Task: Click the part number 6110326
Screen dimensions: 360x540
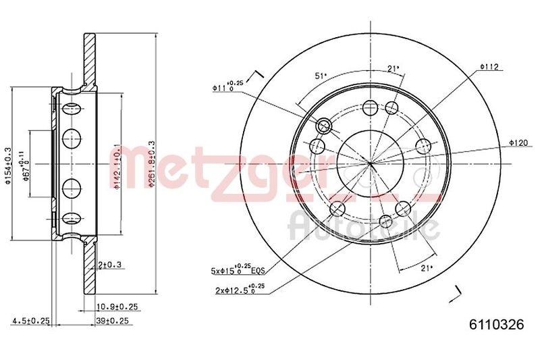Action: [496, 324]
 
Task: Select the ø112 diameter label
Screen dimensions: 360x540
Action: [489, 66]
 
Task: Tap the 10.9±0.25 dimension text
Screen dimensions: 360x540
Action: [119, 306]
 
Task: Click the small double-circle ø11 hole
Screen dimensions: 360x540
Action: [324, 125]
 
